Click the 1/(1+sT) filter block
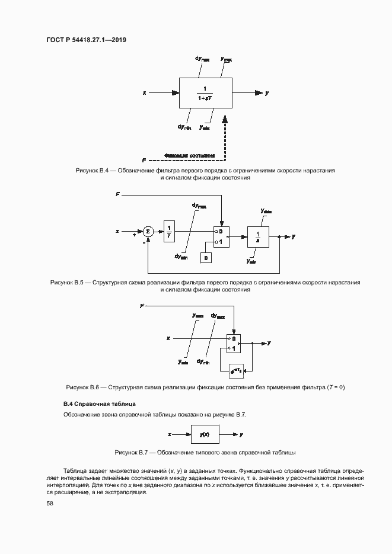pyautogui.click(x=205, y=93)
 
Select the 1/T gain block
pyautogui.click(x=170, y=231)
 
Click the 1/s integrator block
pyautogui.click(x=258, y=236)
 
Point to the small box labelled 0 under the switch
pyautogui.click(x=205, y=258)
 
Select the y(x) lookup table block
pyautogui.click(x=205, y=434)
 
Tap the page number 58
pyautogui.click(x=50, y=503)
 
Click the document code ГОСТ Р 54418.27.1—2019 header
pyautogui.click(x=87, y=40)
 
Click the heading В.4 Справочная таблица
pyautogui.click(x=97, y=404)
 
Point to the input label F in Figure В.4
pyautogui.click(x=144, y=161)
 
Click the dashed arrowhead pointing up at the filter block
pyautogui.click(x=225, y=120)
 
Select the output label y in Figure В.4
pyautogui.click(x=267, y=93)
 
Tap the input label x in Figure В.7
pyautogui.click(x=170, y=434)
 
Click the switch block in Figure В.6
pyautogui.click(x=234, y=344)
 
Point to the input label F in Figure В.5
pyautogui.click(x=117, y=194)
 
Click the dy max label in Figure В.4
pyautogui.click(x=202, y=59)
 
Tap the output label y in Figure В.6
pyautogui.click(x=269, y=343)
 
